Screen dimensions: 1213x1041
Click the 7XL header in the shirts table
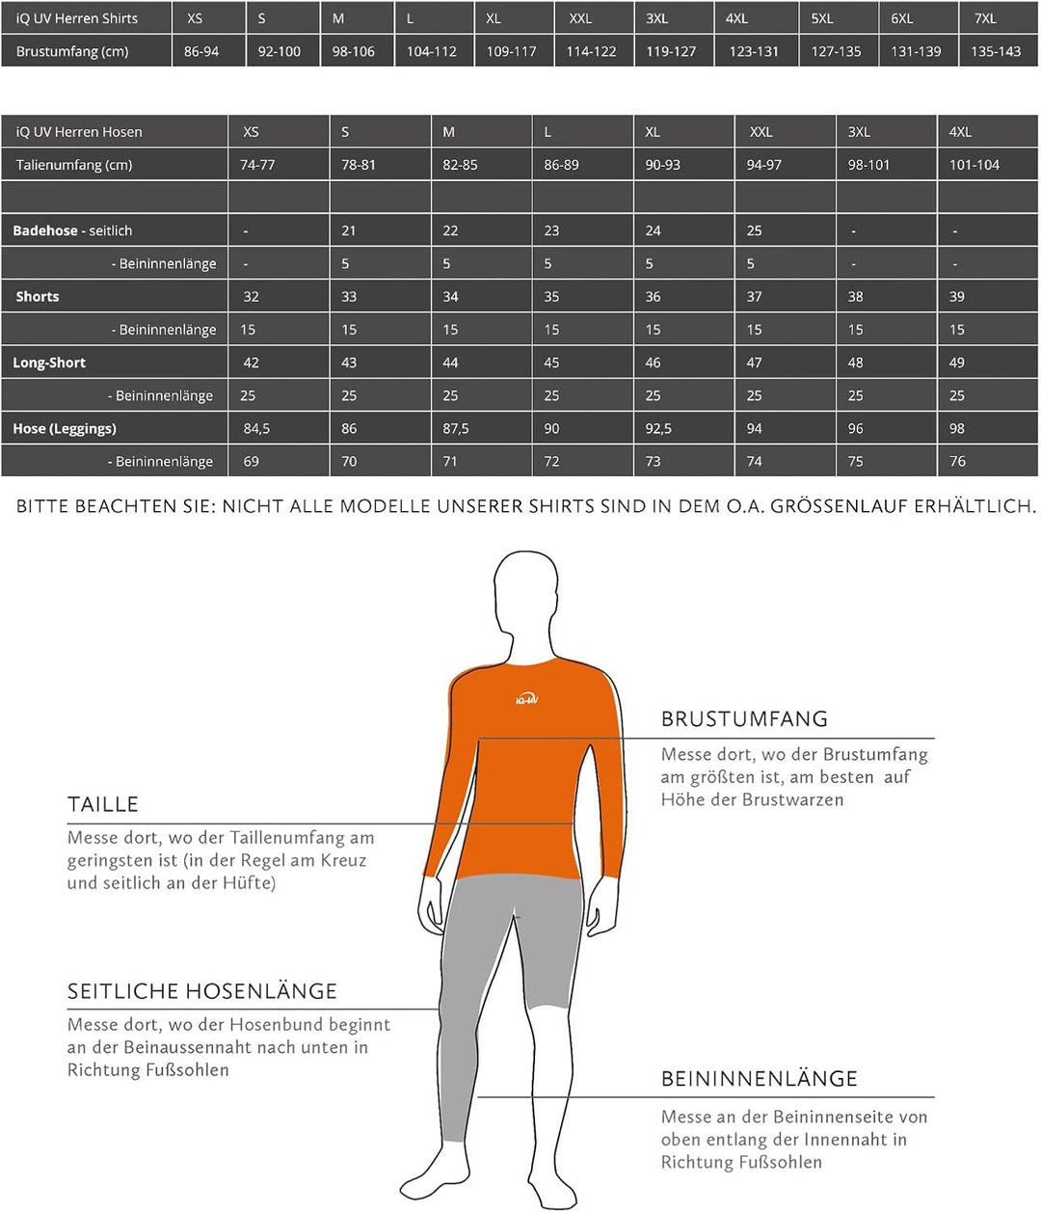click(x=985, y=18)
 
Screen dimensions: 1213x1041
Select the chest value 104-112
click(x=431, y=51)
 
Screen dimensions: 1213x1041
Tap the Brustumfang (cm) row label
click(x=72, y=51)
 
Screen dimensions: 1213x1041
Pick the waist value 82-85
click(x=460, y=165)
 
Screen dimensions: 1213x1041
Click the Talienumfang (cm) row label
click(x=74, y=165)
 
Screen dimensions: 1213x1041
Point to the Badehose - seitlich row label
click(x=72, y=230)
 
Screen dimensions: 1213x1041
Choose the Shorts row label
click(x=38, y=296)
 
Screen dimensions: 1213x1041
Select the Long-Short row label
click(x=49, y=363)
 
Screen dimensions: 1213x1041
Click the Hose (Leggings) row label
click(x=65, y=428)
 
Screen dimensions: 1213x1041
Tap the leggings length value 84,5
click(x=256, y=428)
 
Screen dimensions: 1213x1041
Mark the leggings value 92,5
click(x=658, y=428)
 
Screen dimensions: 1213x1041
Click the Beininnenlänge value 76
click(x=957, y=461)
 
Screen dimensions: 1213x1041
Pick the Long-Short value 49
click(x=956, y=363)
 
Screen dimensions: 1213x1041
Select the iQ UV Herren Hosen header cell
click(x=79, y=132)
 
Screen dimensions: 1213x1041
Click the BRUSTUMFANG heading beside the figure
click(x=744, y=718)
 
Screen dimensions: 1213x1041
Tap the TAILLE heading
click(x=103, y=804)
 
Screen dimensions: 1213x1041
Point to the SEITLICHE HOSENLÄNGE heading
click(x=202, y=991)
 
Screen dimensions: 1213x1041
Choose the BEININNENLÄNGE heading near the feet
click(x=760, y=1079)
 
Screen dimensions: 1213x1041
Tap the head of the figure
click(x=525, y=593)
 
